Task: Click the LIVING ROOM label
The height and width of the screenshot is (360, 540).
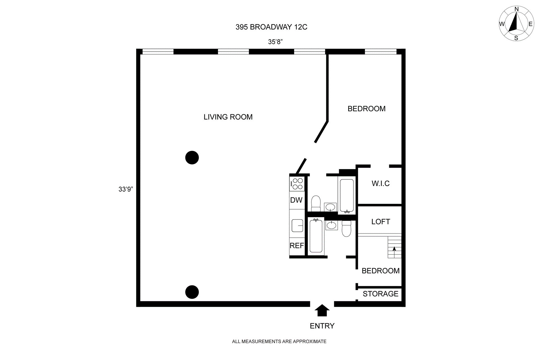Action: (228, 117)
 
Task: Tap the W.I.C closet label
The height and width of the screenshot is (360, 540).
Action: (381, 183)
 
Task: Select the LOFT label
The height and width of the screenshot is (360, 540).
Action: (381, 222)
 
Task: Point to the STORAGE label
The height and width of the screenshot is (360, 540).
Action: (381, 294)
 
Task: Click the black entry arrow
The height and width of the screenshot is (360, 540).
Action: (322, 310)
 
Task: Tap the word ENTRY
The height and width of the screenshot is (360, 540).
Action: (322, 326)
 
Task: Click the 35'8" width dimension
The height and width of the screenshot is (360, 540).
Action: (275, 42)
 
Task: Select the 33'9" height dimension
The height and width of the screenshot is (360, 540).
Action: (125, 189)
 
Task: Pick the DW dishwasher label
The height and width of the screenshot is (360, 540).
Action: (296, 200)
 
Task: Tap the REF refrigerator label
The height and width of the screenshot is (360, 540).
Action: (297, 246)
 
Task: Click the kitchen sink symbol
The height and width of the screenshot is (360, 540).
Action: (297, 225)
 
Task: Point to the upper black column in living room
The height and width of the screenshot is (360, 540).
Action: (192, 157)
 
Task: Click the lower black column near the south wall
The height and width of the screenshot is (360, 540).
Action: (192, 292)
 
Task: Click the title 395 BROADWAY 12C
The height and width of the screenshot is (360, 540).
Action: (271, 27)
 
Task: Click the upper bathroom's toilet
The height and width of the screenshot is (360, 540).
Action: (316, 203)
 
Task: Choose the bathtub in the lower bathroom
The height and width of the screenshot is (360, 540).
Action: (316, 236)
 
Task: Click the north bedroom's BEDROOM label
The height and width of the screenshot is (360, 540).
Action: (366, 109)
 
